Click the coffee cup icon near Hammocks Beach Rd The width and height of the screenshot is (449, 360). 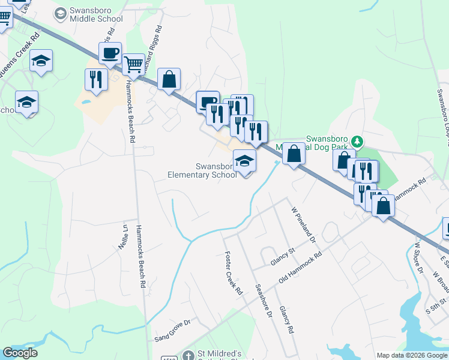pyautogui.click(x=110, y=53)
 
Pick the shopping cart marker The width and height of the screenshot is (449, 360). pyautogui.click(x=133, y=63)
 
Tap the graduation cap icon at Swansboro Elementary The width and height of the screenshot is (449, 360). pyautogui.click(x=244, y=161)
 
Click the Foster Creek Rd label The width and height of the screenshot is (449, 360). pyautogui.click(x=232, y=274)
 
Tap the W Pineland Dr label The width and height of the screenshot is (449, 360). pyautogui.click(x=303, y=225)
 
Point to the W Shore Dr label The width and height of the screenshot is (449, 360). pyautogui.click(x=420, y=257)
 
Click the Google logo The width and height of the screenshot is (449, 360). pyautogui.click(x=20, y=353)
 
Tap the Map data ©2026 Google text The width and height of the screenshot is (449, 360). pyautogui.click(x=411, y=355)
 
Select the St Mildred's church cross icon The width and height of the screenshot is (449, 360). pyautogui.click(x=188, y=356)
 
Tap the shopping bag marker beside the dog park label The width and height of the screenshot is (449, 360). pyautogui.click(x=294, y=154)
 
